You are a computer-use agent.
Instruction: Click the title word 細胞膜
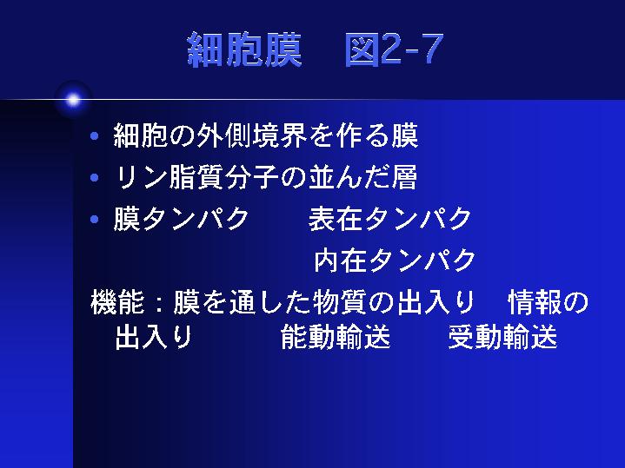tap(244, 49)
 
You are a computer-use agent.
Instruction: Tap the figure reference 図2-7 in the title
tap(395, 49)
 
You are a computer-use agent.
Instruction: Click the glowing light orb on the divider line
tap(73, 100)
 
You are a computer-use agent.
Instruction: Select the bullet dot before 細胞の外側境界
tap(95, 136)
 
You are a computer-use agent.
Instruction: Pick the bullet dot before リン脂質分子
tap(95, 177)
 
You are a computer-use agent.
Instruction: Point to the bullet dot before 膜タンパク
tap(95, 219)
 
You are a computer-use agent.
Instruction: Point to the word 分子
tap(251, 177)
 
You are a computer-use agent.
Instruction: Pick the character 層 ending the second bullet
tap(404, 177)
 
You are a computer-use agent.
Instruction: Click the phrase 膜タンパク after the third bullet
tap(182, 219)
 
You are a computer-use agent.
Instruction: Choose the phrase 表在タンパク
tap(390, 219)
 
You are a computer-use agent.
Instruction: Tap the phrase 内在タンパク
tap(395, 260)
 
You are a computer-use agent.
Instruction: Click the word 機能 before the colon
tap(117, 302)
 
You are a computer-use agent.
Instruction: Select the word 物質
tap(339, 302)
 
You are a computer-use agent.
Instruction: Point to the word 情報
tap(535, 302)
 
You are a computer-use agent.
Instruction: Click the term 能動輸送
tap(336, 338)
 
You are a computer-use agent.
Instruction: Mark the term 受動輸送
tap(502, 338)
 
